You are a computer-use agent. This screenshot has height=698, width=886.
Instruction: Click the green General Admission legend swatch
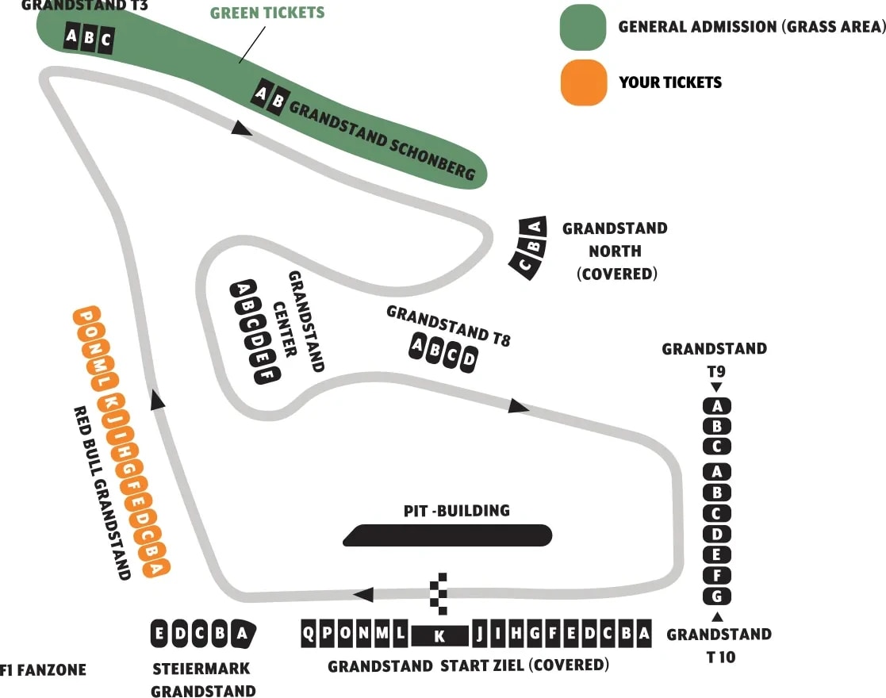(x=583, y=27)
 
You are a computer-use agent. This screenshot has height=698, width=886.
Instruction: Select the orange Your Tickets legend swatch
(x=583, y=82)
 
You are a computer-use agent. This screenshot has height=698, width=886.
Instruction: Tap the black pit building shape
(x=447, y=535)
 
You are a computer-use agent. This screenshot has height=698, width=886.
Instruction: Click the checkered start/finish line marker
(x=439, y=593)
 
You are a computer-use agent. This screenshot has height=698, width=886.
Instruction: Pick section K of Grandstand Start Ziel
(x=440, y=635)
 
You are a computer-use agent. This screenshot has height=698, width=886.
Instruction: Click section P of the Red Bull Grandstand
(x=83, y=316)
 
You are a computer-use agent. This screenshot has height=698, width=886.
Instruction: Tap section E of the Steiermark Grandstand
(x=159, y=634)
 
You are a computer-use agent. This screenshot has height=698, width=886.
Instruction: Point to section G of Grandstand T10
(x=717, y=596)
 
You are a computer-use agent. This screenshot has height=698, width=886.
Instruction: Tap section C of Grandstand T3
(x=105, y=40)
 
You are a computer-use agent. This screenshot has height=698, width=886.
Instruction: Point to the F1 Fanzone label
(x=44, y=670)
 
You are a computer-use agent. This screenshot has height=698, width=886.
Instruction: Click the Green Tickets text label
(x=267, y=13)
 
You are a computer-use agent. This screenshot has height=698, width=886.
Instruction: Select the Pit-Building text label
(x=456, y=510)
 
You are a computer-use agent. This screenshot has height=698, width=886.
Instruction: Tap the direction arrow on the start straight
(x=362, y=595)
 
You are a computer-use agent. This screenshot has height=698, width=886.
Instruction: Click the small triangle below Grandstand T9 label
(x=716, y=388)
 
